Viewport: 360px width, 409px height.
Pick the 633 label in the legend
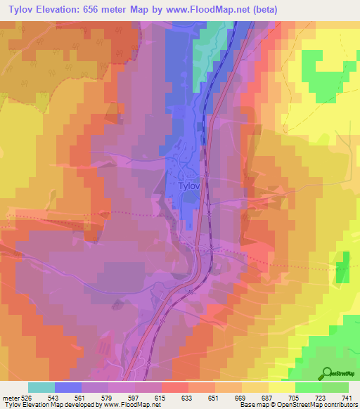(188, 397)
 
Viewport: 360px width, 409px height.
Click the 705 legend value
(295, 397)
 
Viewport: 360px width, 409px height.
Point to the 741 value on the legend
(347, 397)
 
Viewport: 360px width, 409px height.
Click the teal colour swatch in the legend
(41, 387)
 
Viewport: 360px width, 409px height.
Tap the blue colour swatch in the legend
(68, 387)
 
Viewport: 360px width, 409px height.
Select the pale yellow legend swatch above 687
(255, 387)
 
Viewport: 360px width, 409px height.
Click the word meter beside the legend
(11, 397)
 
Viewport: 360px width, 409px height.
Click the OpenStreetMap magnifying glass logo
(328, 373)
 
